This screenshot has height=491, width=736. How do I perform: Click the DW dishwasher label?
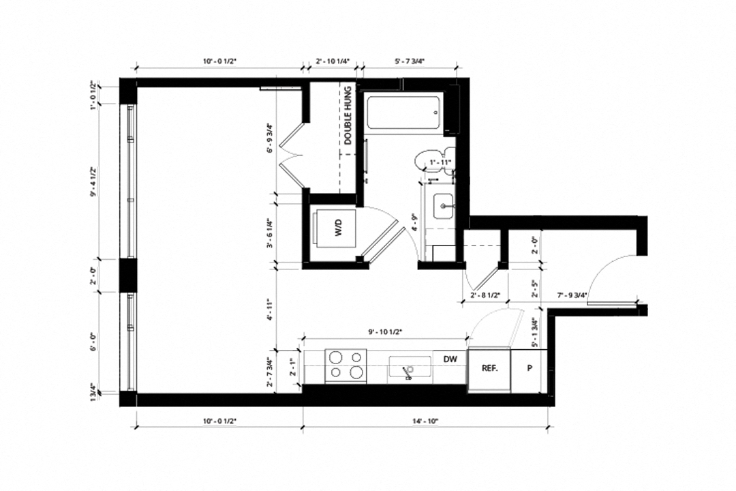pyautogui.click(x=449, y=359)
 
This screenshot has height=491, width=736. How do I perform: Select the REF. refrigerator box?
pyautogui.click(x=489, y=368)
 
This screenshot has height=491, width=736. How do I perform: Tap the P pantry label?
pyautogui.click(x=529, y=368)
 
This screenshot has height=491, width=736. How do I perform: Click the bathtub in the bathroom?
pyautogui.click(x=403, y=114)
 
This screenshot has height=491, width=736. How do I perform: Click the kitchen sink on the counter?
pyautogui.click(x=410, y=369)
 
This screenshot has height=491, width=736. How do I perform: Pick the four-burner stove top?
pyautogui.click(x=346, y=364)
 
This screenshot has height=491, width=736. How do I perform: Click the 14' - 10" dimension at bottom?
pyautogui.click(x=424, y=421)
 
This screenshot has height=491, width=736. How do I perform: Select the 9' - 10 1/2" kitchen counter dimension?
pyautogui.click(x=385, y=331)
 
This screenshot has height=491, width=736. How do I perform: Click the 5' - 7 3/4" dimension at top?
pyautogui.click(x=408, y=61)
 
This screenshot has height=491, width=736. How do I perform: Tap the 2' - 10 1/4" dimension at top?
pyautogui.click(x=333, y=61)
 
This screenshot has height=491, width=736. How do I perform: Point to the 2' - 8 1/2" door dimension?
pyautogui.click(x=486, y=295)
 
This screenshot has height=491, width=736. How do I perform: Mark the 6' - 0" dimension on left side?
pyautogui.click(x=93, y=342)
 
